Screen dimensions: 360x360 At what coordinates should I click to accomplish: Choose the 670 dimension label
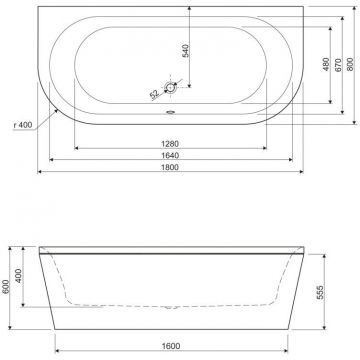337,66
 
